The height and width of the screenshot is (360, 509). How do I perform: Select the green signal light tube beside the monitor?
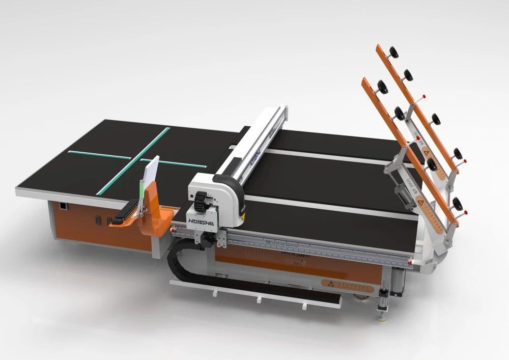[140, 193]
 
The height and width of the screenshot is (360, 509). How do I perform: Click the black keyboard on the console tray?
[125, 211]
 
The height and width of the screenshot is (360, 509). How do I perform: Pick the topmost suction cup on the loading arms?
[393, 52]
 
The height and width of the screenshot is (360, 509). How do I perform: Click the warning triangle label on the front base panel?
[330, 283]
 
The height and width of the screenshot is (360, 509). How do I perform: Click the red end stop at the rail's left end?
[173, 230]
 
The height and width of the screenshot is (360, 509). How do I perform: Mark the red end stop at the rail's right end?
[412, 263]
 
